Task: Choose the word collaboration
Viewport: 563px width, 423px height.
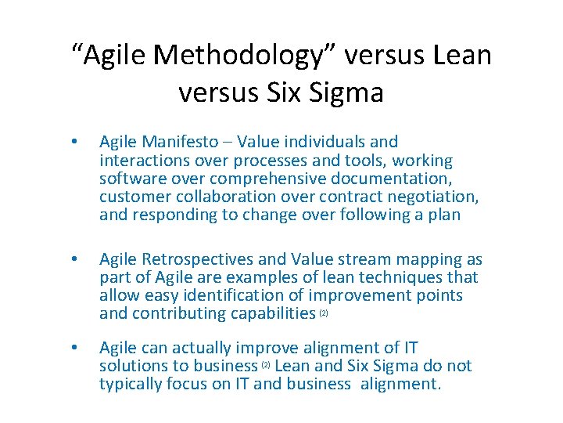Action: (x=217, y=197)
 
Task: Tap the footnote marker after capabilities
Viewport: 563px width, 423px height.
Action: (x=324, y=314)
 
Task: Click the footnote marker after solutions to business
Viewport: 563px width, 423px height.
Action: (x=267, y=366)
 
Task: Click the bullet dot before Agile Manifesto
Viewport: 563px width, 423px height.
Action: (x=73, y=143)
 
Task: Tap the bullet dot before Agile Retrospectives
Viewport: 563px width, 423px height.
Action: (x=73, y=260)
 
